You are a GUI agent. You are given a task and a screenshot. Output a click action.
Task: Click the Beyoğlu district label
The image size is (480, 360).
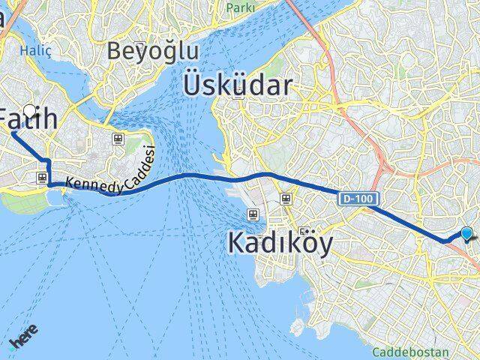152,51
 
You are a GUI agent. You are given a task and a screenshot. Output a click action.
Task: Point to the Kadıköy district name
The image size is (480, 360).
280,244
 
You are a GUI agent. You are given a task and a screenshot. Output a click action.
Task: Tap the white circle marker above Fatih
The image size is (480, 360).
30,109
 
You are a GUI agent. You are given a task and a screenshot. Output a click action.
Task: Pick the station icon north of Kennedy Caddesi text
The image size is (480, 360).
118,139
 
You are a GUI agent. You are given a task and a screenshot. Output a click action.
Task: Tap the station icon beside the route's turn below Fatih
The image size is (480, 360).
42,178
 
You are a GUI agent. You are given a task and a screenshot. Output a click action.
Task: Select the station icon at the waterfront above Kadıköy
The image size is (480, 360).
253,214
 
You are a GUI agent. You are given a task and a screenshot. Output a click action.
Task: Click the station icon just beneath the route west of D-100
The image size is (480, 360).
285,198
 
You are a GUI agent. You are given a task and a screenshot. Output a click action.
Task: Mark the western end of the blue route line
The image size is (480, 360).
13,133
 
